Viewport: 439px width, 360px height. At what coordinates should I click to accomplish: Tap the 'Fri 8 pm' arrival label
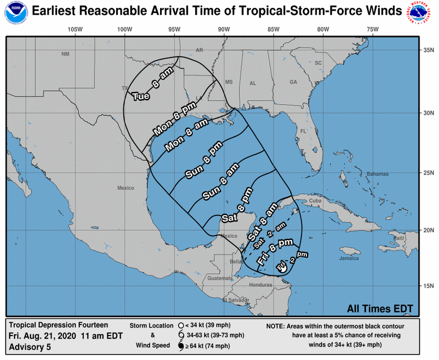click(x=275, y=251)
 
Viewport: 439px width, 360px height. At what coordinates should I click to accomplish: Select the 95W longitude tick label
click(x=174, y=29)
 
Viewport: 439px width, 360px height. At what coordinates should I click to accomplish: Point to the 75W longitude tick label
click(x=372, y=29)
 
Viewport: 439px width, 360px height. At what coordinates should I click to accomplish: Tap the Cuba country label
click(x=315, y=201)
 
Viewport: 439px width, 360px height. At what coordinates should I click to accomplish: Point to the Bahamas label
click(x=378, y=174)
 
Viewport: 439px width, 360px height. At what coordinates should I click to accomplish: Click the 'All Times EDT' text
click(x=380, y=309)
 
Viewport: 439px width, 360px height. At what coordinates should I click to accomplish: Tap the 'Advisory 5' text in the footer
click(x=29, y=347)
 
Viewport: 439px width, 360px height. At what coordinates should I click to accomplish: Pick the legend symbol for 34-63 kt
click(x=181, y=336)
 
